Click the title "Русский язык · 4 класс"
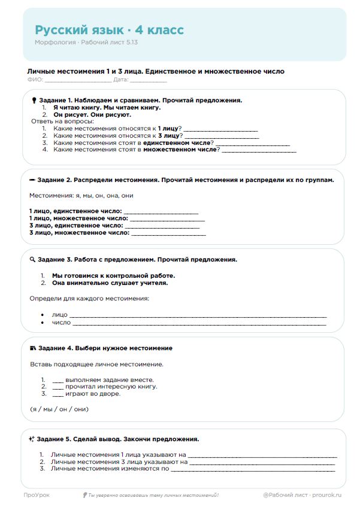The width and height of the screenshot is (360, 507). (109, 30)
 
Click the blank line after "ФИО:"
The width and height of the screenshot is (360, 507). (77, 80)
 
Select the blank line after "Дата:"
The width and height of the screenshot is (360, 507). (149, 80)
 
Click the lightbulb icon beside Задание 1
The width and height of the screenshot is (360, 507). (34, 101)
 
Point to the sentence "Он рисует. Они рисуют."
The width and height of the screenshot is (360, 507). (92, 114)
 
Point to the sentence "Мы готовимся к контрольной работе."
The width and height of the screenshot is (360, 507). (114, 275)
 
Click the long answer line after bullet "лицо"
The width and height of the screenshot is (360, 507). (198, 315)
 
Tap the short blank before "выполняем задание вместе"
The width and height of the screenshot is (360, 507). (58, 380)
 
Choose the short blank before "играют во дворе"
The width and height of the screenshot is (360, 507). (58, 394)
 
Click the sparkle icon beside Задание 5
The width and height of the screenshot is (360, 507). (32, 439)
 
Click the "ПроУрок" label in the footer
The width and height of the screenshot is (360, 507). (37, 495)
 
